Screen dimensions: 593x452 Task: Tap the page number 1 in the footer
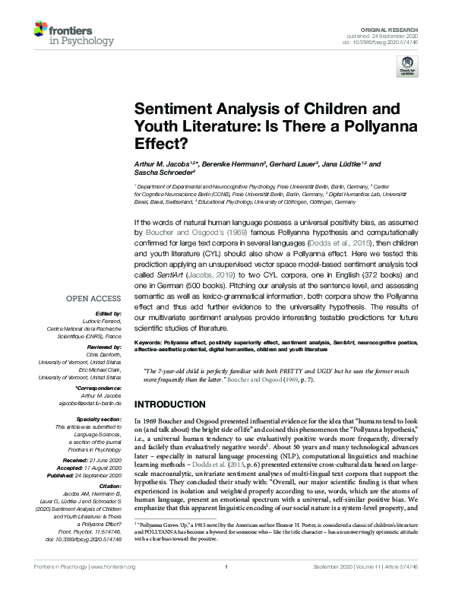[x=226, y=588]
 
